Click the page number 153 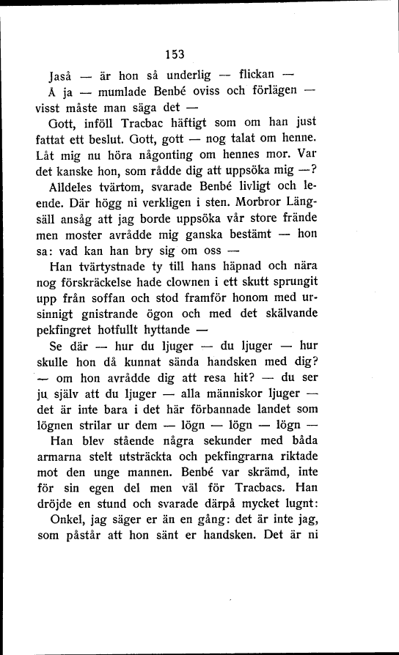tap(174, 54)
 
